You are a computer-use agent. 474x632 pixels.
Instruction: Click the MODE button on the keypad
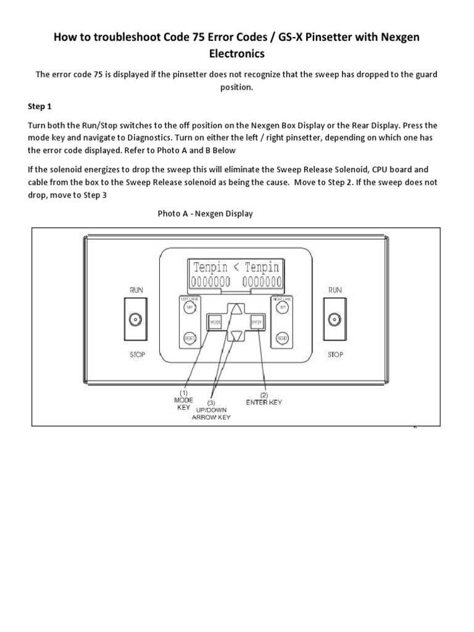[x=215, y=322]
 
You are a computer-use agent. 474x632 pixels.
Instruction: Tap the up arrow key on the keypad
[x=236, y=310]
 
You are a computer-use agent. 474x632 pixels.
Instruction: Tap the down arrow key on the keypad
[x=236, y=336]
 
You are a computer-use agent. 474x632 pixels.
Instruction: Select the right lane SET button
[x=283, y=307]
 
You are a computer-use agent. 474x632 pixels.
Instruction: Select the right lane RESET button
[x=283, y=338]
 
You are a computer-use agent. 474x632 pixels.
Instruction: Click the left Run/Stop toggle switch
[x=134, y=319]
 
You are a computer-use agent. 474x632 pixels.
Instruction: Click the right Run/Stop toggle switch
[x=335, y=319]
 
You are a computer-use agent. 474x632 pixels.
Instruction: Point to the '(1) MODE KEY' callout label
[x=183, y=399]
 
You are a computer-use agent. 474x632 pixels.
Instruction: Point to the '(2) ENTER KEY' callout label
[x=264, y=399]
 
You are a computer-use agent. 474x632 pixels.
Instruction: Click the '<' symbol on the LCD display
[x=236, y=267]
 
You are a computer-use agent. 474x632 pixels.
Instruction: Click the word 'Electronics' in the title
[x=237, y=54]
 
